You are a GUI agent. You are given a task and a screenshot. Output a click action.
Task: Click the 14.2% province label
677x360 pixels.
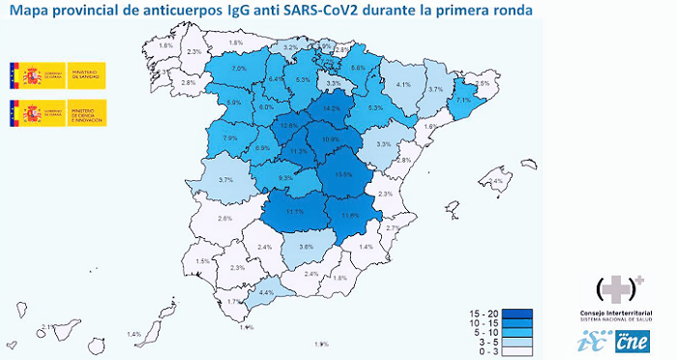332,108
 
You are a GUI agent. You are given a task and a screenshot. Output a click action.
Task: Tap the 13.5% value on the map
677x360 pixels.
343,174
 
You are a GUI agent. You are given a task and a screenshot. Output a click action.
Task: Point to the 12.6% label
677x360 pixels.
288,126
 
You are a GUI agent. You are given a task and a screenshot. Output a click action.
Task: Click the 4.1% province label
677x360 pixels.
404,84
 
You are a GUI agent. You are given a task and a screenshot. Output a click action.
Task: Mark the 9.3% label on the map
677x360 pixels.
285,179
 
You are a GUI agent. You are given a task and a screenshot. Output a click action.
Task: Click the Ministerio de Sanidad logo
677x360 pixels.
57,76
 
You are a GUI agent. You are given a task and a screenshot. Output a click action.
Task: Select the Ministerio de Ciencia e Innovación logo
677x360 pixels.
57,113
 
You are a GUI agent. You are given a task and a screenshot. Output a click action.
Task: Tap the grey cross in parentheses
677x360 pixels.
622,287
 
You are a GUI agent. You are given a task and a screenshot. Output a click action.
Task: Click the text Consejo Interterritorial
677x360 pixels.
622,315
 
